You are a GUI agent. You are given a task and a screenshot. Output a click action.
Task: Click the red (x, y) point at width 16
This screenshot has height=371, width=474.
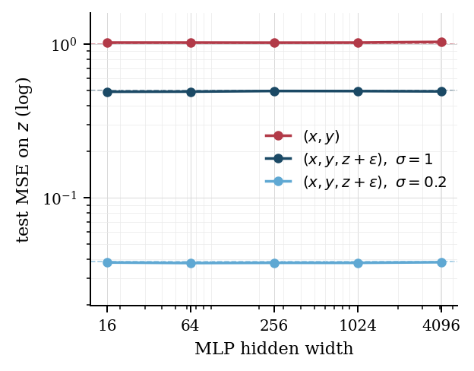click(107, 43)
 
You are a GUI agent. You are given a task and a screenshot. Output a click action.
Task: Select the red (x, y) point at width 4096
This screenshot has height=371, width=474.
click(441, 42)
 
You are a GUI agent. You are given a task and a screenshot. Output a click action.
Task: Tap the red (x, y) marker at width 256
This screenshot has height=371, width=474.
click(274, 43)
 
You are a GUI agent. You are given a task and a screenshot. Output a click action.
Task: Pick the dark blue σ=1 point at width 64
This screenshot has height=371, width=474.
click(191, 92)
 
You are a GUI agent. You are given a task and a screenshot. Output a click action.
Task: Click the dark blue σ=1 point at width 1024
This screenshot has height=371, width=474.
click(358, 91)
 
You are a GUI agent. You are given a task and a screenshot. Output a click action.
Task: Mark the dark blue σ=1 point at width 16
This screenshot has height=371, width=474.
click(107, 92)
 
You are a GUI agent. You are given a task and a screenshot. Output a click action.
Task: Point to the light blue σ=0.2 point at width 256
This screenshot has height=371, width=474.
click(274, 263)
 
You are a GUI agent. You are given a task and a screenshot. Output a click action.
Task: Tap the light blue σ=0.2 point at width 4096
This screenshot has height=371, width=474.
click(441, 262)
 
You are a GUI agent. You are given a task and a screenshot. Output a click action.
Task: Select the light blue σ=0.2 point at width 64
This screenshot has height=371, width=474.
click(191, 263)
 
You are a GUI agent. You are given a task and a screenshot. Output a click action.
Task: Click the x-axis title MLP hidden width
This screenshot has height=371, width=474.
click(273, 350)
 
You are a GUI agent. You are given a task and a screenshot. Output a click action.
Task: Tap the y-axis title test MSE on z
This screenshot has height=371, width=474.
click(24, 159)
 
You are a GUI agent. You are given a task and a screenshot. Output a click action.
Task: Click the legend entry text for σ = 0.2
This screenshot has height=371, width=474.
click(374, 182)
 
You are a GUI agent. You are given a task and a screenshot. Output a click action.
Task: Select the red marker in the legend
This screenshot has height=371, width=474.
click(278, 136)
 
